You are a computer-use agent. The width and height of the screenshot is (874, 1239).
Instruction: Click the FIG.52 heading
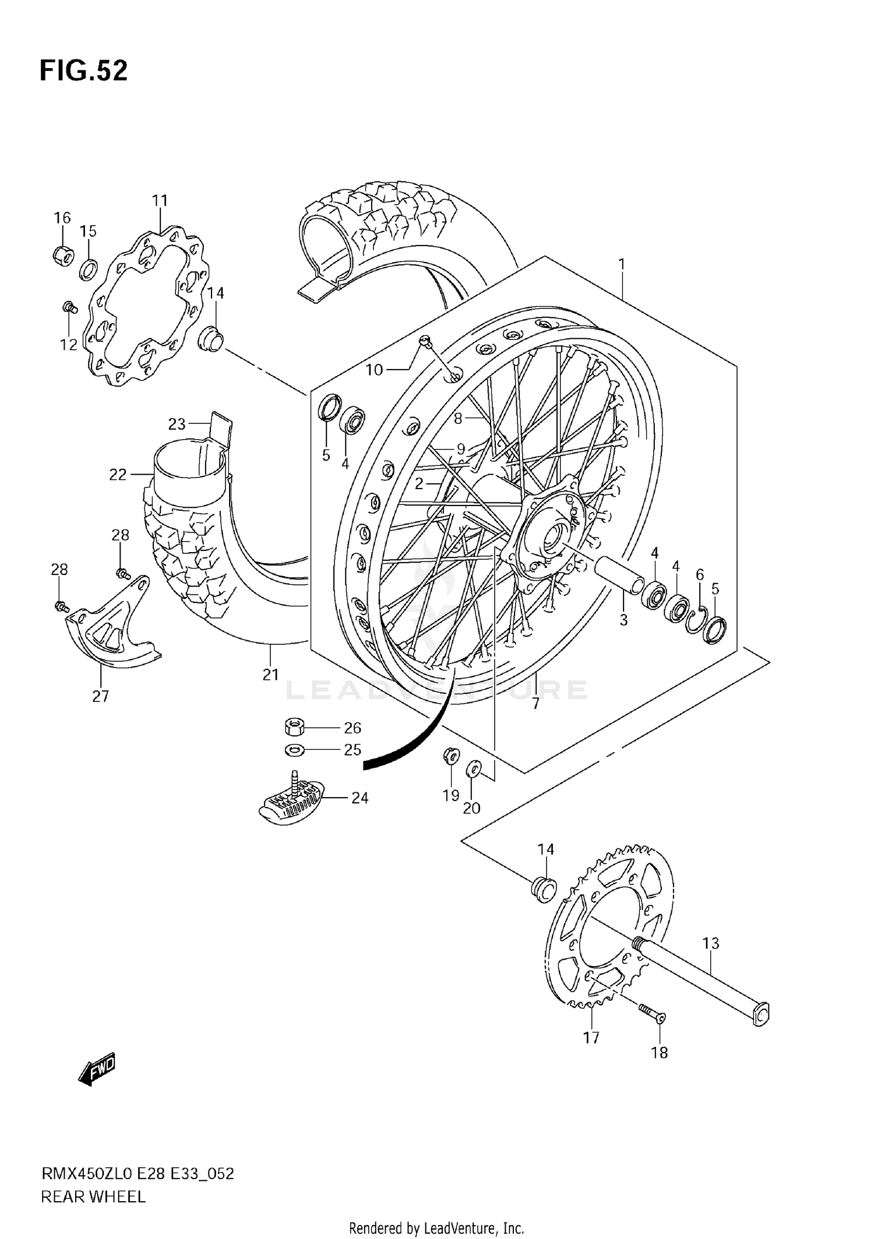(x=83, y=71)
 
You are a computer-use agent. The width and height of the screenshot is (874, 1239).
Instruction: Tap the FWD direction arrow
(x=97, y=1069)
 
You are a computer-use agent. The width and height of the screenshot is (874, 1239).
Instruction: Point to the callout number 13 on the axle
(x=710, y=943)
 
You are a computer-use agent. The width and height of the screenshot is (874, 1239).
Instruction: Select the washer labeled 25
(x=295, y=749)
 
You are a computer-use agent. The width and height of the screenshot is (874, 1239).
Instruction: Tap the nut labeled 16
(x=63, y=255)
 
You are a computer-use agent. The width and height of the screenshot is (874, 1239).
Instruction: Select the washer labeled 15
(x=88, y=269)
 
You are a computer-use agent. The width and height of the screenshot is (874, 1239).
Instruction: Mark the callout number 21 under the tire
(x=270, y=675)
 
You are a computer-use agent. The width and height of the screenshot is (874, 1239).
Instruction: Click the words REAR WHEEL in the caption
(x=93, y=1197)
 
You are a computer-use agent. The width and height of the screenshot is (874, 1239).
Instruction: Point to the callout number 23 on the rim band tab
(x=177, y=424)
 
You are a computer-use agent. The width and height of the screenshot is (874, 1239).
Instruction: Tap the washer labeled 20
(x=473, y=769)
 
